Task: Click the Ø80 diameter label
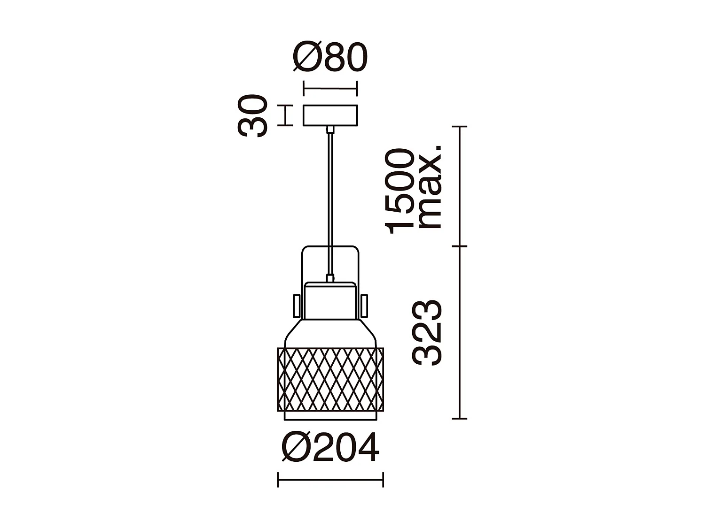[x=330, y=58]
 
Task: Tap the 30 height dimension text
[x=253, y=116]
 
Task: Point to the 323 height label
[x=427, y=333]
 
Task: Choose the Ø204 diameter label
[x=330, y=448]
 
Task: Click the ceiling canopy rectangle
[x=330, y=115]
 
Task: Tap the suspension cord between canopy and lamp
[x=331, y=197]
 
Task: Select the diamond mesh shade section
[x=330, y=379]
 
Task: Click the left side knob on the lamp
[x=297, y=306]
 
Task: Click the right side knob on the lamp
[x=364, y=306]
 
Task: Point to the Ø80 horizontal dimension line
[x=330, y=88]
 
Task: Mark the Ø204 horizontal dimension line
[x=330, y=480]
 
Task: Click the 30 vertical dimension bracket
[x=285, y=115]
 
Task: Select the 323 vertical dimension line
[x=459, y=332]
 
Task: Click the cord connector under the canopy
[x=331, y=130]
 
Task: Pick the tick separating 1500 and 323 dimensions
[x=459, y=246]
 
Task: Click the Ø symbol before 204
[x=296, y=448]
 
